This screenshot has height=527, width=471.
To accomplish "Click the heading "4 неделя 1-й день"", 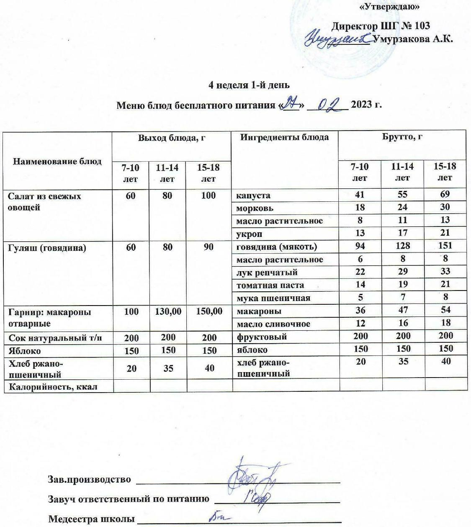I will (x=249, y=85).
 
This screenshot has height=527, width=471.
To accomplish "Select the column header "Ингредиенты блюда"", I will (x=284, y=137).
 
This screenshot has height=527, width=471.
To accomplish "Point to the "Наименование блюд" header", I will (x=57, y=161).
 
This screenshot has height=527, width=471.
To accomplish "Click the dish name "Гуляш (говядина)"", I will (x=47, y=248).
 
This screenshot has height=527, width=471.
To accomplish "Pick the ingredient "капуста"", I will (x=253, y=195).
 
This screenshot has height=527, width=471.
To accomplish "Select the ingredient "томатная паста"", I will (x=270, y=285).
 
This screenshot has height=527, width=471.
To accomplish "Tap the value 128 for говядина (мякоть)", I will (x=402, y=246).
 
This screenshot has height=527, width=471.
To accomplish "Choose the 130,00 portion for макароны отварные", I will (x=167, y=311).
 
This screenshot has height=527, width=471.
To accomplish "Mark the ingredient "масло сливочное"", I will (x=273, y=324).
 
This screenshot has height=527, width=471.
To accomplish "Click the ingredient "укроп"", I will (x=250, y=234).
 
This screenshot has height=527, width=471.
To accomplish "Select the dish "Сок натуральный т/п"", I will (x=55, y=337).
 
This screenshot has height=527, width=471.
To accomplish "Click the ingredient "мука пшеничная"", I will (x=273, y=298).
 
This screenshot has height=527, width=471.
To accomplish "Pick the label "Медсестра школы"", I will (x=92, y=519).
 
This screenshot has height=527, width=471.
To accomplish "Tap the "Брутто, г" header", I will (x=402, y=137).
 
